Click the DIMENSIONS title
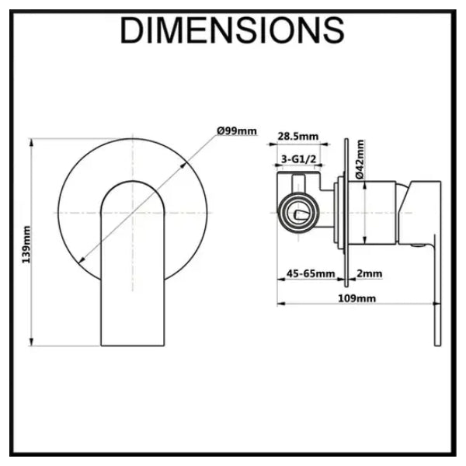(x=232, y=30)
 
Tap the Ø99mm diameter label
(x=237, y=131)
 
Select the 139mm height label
(x=26, y=245)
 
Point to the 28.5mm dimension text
(x=297, y=137)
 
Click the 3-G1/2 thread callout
(x=298, y=159)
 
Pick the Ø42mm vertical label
(x=360, y=159)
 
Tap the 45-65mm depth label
(x=310, y=273)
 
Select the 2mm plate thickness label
(x=370, y=273)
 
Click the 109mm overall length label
(x=356, y=298)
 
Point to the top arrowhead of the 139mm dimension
(x=32, y=142)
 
